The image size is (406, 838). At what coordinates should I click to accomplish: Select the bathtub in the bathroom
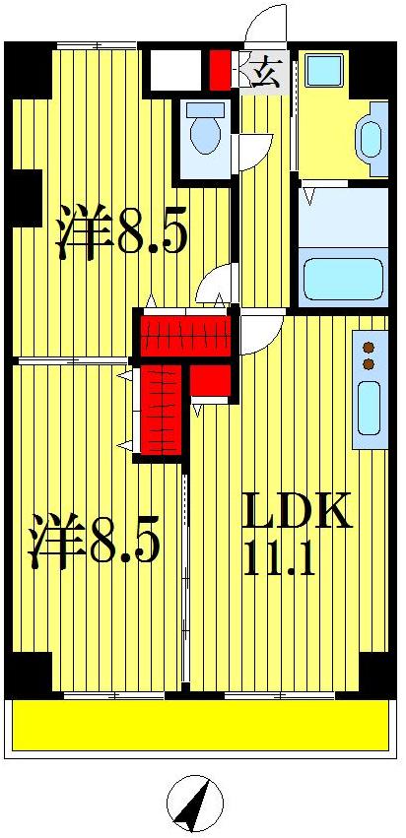tap(342, 279)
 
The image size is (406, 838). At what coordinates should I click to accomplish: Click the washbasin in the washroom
tap(372, 139)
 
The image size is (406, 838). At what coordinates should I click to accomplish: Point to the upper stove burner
tap(370, 347)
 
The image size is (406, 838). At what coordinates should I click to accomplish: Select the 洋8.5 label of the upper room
tap(121, 231)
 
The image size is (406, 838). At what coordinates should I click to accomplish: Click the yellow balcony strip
tap(201, 726)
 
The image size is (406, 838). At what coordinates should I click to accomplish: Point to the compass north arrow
tap(194, 804)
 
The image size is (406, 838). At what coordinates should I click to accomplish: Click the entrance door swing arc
tap(264, 26)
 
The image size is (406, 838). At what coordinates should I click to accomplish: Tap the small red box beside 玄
tap(218, 69)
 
